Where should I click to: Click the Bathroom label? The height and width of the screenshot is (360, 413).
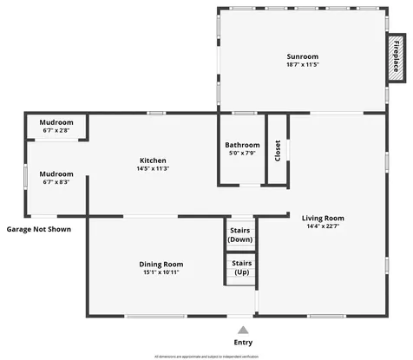242,145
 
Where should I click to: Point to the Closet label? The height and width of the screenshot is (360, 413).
278,151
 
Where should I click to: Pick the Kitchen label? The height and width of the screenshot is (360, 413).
153,160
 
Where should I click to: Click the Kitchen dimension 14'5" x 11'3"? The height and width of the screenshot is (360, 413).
153,169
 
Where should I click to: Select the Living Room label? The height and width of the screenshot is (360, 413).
323,218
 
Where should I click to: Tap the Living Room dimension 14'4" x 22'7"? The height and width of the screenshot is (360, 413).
323,227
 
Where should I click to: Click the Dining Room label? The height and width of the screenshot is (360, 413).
161,264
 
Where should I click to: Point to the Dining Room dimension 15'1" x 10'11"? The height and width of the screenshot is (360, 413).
161,272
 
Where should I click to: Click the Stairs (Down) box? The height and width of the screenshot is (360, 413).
240,234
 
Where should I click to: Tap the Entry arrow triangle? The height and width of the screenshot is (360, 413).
243,331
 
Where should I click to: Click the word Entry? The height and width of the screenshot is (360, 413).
243,343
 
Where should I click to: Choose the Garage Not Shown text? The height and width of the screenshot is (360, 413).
39,229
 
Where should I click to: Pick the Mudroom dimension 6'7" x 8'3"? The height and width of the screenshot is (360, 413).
56,182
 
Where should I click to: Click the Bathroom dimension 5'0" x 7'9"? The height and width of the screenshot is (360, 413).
242,154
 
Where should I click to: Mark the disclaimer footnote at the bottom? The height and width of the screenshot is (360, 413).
206,356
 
